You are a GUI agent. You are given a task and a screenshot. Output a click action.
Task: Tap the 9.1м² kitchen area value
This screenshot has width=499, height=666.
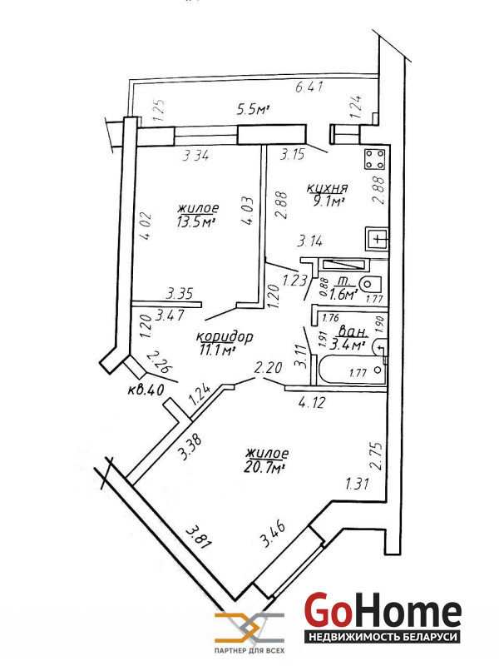point(327,200)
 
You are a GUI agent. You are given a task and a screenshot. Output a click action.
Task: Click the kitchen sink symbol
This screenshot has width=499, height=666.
point(378,240)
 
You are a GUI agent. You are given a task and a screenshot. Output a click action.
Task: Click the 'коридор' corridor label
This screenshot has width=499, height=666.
point(224,337)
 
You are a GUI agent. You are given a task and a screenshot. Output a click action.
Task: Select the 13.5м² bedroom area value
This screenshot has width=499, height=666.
point(196,222)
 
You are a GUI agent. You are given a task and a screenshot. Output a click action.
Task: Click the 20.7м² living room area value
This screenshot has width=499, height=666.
point(265,468)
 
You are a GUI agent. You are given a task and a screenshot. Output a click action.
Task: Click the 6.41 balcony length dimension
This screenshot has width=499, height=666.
point(309,87)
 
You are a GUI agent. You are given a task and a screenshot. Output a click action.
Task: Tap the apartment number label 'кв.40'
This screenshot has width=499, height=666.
point(145,389)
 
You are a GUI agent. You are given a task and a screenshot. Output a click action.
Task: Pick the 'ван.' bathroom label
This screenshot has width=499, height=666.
point(351,330)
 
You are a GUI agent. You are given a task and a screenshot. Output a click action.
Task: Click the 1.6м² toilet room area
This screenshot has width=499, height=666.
point(343,294)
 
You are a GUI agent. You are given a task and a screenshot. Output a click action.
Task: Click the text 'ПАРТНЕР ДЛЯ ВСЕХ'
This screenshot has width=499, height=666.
point(249,649)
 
